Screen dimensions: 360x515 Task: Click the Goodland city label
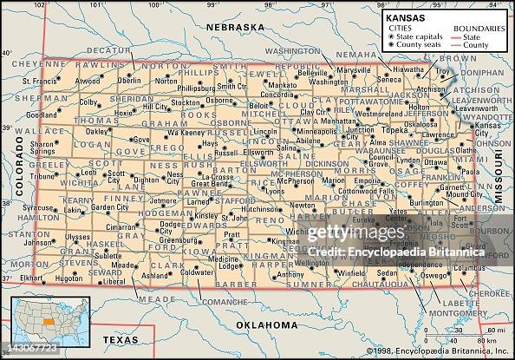click(42, 115)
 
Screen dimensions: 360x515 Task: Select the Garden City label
click(110, 207)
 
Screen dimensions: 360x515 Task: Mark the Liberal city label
click(114, 281)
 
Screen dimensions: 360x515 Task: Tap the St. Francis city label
click(39, 82)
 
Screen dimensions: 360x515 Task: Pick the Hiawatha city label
click(408, 68)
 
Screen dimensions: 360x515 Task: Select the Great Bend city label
click(210, 183)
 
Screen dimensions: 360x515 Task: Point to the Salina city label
click(288, 147)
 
